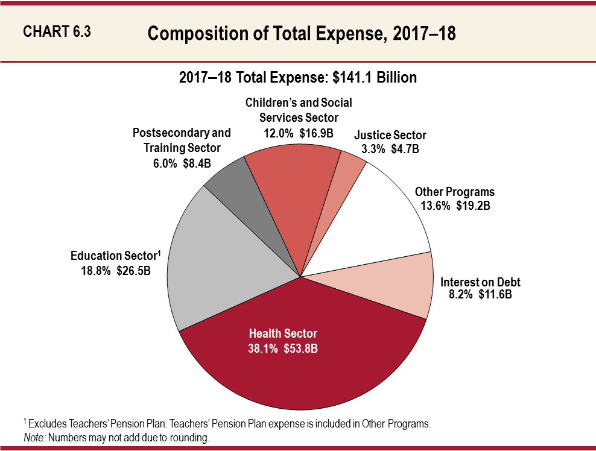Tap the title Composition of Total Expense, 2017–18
(301, 34)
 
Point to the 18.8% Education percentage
(95, 271)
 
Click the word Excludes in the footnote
(45, 424)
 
